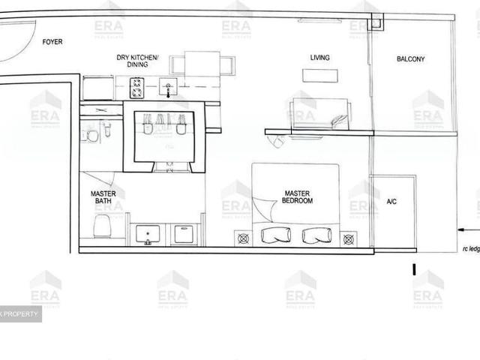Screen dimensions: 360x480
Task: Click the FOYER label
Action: coord(52,43)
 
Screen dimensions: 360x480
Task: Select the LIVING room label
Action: coord(320,58)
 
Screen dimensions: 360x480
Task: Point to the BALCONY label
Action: coord(410,59)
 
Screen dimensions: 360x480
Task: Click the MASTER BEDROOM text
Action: coord(297,197)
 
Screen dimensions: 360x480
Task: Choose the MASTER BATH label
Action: coord(103,197)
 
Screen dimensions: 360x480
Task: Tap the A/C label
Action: coord(391,202)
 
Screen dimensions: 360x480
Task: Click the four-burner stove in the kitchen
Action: coord(138,89)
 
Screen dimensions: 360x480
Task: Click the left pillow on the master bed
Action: coord(275,235)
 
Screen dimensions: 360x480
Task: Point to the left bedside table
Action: coord(242,239)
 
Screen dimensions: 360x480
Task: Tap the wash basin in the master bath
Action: coord(148,235)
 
